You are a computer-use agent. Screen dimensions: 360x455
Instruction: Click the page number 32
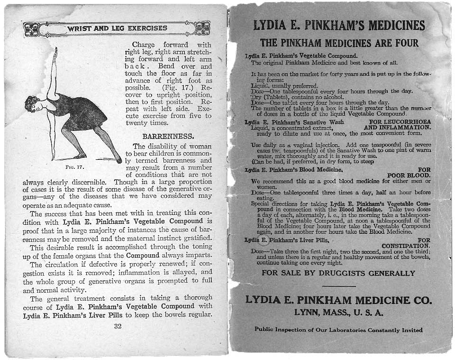tap(118, 326)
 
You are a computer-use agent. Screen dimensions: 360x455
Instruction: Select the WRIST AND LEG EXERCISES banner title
tap(117, 28)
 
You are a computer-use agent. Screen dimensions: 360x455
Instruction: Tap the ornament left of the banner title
tap(32, 29)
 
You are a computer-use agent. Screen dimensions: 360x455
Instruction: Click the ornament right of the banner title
tap(202, 28)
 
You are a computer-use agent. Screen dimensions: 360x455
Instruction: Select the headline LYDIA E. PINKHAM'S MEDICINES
tap(339, 25)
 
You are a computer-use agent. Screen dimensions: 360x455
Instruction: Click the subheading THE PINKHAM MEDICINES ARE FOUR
tap(339, 43)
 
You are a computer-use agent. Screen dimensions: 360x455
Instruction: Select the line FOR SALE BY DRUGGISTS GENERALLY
tap(338, 273)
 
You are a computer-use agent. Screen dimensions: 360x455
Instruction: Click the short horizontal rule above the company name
tap(338, 286)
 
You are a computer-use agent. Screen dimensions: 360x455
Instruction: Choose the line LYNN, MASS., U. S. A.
tap(338, 313)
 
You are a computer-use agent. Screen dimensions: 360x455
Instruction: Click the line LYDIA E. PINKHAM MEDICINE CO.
tap(338, 300)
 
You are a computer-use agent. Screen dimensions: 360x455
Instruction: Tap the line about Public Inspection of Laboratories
tap(338, 329)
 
